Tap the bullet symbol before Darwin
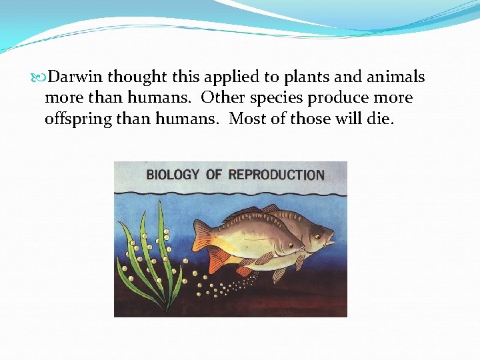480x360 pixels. (43, 77)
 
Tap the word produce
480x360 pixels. (343, 98)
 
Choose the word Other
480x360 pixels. (223, 98)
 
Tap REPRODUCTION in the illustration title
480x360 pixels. (277, 175)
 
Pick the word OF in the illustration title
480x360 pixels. (213, 175)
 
